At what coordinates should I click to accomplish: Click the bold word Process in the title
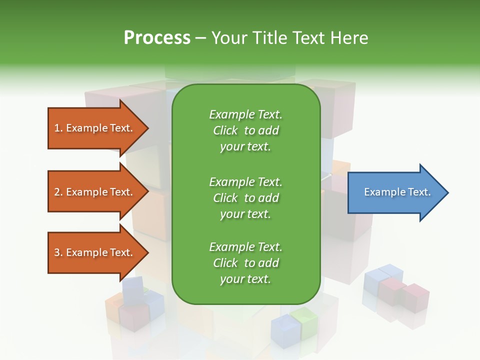click(157, 38)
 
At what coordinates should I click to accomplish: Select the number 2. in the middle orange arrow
click(58, 192)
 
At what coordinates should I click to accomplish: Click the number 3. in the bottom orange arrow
click(58, 252)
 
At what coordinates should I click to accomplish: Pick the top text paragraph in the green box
click(245, 130)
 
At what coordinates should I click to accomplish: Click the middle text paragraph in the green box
click(245, 197)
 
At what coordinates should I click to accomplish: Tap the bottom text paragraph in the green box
click(245, 263)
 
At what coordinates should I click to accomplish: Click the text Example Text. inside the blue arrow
click(397, 192)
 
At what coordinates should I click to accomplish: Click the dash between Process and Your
click(200, 38)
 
